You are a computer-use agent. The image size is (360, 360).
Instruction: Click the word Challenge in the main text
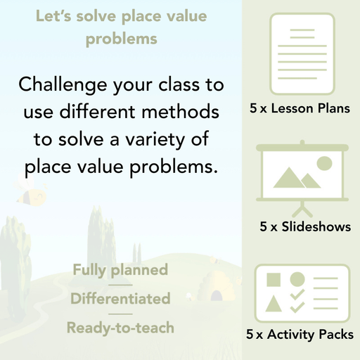(61, 86)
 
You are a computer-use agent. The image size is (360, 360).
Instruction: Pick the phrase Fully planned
(120, 270)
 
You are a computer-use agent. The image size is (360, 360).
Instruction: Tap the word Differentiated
(120, 299)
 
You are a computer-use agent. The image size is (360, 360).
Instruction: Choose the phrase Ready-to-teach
(120, 328)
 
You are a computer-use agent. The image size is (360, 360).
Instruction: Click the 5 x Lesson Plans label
(300, 109)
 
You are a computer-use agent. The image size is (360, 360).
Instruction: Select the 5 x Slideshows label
(305, 227)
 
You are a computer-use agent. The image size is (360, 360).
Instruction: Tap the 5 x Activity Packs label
(300, 335)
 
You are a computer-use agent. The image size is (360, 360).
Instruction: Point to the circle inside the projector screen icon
(323, 164)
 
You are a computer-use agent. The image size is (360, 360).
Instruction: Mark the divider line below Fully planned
(120, 285)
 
